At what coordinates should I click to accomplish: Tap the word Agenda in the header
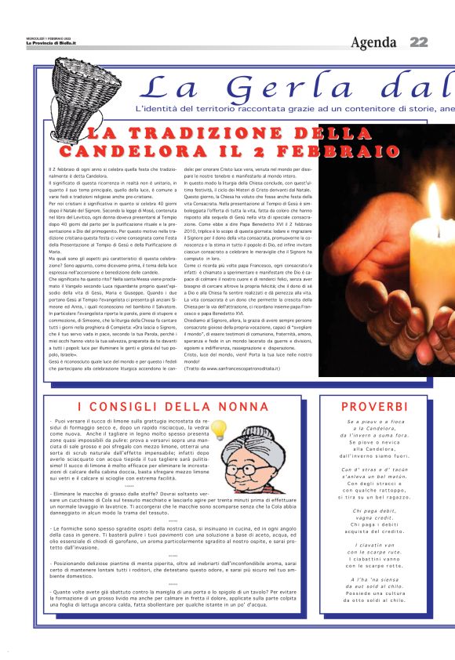(x=374, y=42)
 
